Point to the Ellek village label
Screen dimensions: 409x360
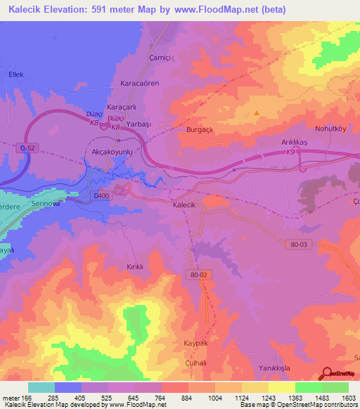tap(16, 72)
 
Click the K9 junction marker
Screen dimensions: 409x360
tap(290, 151)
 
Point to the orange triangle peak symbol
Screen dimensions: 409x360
tap(256, 112)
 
